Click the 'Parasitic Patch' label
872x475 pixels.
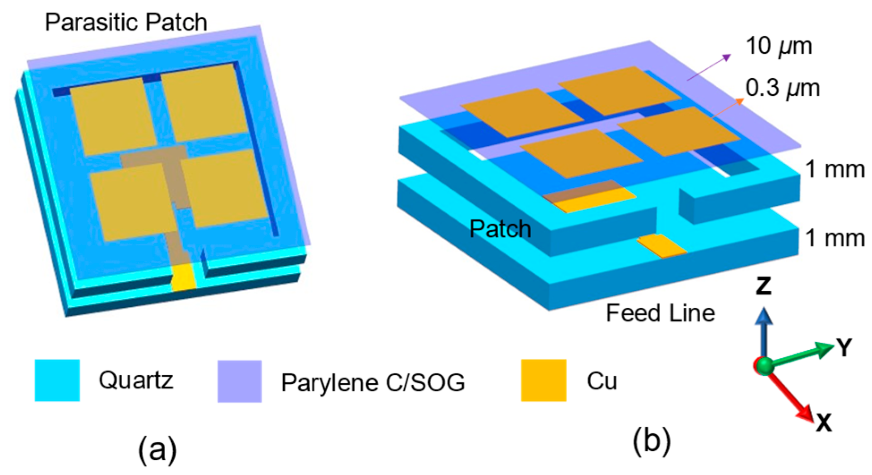pyautogui.click(x=126, y=22)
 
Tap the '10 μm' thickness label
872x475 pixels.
pyautogui.click(x=779, y=47)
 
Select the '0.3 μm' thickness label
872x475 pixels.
pyautogui.click(x=782, y=88)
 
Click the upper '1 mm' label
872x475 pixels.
pyautogui.click(x=834, y=170)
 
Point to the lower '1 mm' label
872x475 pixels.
pyautogui.click(x=834, y=238)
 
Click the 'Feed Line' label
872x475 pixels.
pyautogui.click(x=660, y=313)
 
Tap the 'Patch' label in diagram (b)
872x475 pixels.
pyautogui.click(x=500, y=229)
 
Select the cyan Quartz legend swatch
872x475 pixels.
pyautogui.click(x=57, y=380)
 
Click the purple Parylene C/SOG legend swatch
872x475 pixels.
pyautogui.click(x=239, y=382)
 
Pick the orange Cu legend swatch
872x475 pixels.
pyautogui.click(x=543, y=380)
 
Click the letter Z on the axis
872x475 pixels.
pyautogui.click(x=763, y=286)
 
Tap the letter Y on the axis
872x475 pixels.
pyautogui.click(x=844, y=348)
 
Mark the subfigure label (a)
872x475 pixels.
pyautogui.click(x=157, y=450)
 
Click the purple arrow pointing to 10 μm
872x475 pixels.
pyautogui.click(x=709, y=67)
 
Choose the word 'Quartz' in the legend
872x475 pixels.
pyautogui.click(x=136, y=381)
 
